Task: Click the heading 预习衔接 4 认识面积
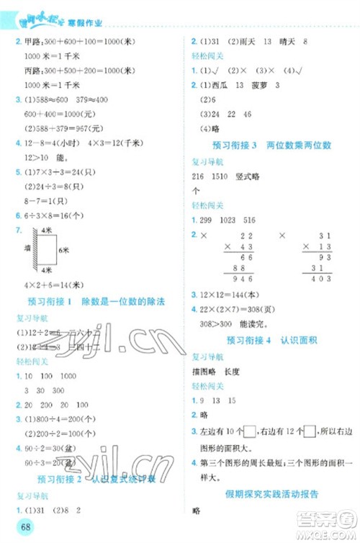[269, 339]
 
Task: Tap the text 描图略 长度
[216, 372]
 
